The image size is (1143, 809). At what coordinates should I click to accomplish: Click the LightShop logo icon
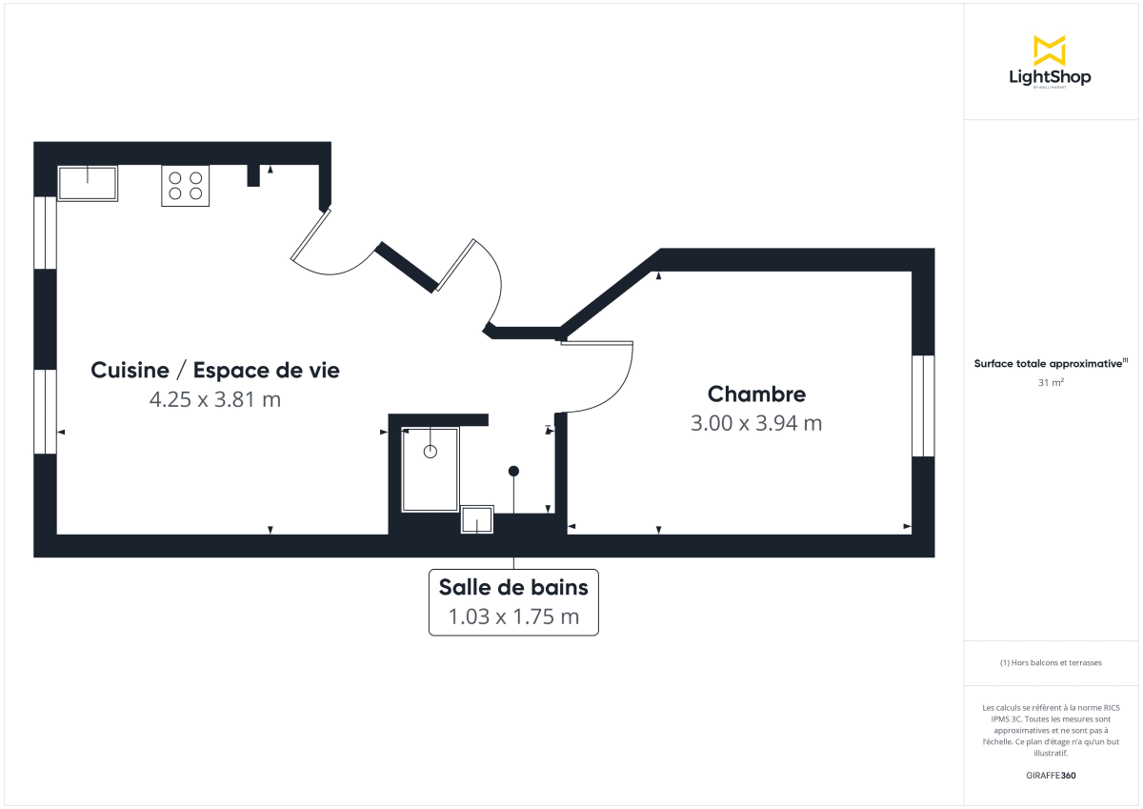[x=1049, y=50]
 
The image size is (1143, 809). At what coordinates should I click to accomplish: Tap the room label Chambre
[x=756, y=394]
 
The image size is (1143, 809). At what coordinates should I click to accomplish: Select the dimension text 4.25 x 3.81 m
[x=214, y=399]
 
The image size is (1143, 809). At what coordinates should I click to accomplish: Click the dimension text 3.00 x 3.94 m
[x=756, y=423]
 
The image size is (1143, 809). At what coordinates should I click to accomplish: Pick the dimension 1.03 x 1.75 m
[x=513, y=617]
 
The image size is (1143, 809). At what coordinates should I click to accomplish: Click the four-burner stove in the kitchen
[x=185, y=185]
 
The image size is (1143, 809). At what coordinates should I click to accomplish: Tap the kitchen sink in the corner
[x=88, y=182]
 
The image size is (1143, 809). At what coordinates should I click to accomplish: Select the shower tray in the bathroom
[x=430, y=470]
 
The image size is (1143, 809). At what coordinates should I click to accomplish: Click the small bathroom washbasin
[x=477, y=520]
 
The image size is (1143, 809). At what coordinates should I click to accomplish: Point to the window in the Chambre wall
[x=922, y=406]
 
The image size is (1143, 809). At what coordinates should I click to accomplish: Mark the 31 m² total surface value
[x=1051, y=383]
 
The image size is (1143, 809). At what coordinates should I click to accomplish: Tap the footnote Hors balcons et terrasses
[x=1051, y=662]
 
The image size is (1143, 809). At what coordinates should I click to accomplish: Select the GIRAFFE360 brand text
[x=1051, y=776]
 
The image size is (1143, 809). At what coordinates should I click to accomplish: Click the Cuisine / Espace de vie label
[x=214, y=370]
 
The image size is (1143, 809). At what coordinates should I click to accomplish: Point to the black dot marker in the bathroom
[x=513, y=471]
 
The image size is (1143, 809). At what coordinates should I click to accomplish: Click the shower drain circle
[x=430, y=452]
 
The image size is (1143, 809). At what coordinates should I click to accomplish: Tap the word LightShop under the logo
[x=1050, y=77]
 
